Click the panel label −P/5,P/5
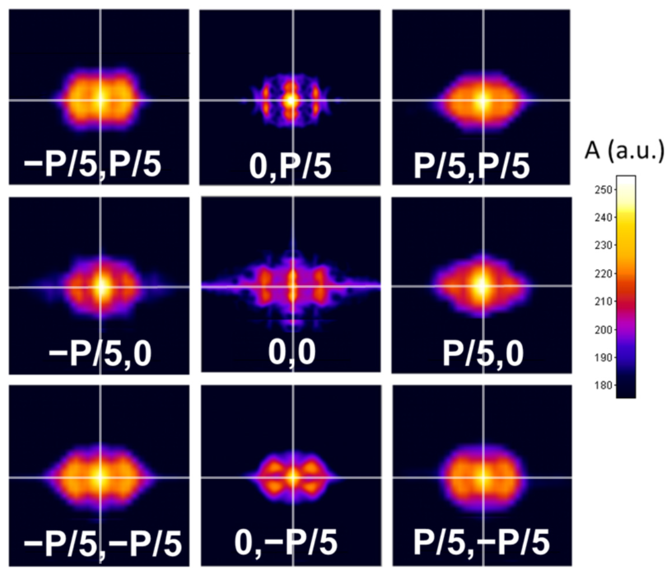pyautogui.click(x=92, y=164)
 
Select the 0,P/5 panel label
pyautogui.click(x=290, y=166)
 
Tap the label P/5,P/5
pyautogui.click(x=471, y=166)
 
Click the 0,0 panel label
pyautogui.click(x=292, y=352)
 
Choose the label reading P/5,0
pyautogui.click(x=482, y=354)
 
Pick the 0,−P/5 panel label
pyautogui.click(x=285, y=542)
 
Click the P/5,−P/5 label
pyautogui.click(x=481, y=542)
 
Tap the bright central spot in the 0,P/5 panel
pyautogui.click(x=290, y=100)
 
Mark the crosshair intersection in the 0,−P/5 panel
pyautogui.click(x=293, y=478)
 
